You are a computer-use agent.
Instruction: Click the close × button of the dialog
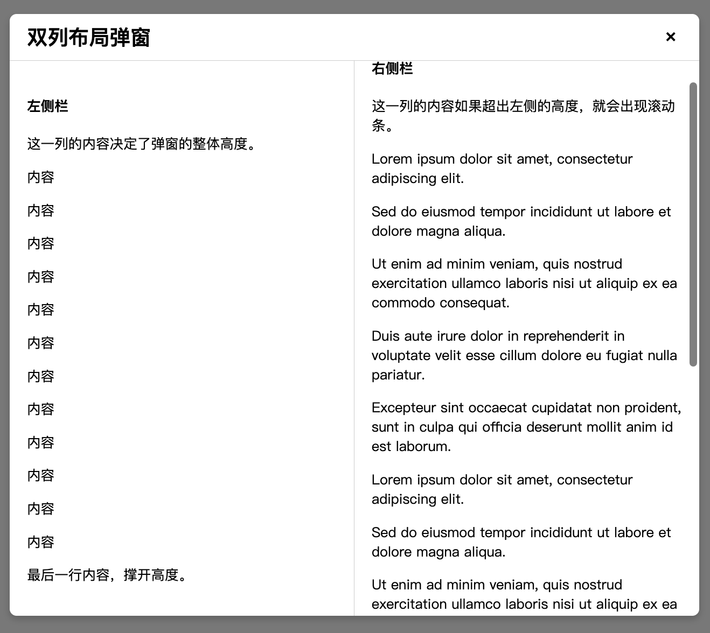[x=671, y=37]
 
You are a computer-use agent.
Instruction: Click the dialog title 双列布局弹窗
[x=88, y=38]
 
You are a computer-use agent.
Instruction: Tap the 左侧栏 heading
[x=47, y=106]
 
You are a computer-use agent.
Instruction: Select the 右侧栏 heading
[x=392, y=68]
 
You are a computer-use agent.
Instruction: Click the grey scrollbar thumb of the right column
[x=693, y=224]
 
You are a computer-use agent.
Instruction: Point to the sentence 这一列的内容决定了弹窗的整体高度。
[x=142, y=144]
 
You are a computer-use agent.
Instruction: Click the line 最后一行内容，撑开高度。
[x=108, y=575]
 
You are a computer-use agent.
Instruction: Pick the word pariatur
[x=398, y=375]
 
